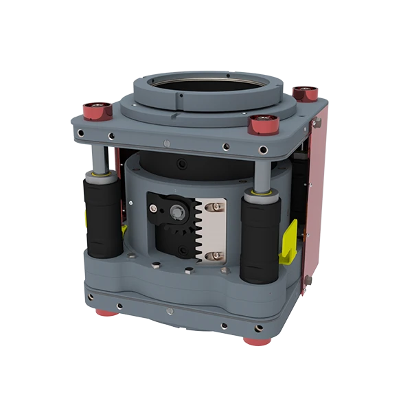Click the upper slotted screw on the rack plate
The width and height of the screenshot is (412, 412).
click(215, 207)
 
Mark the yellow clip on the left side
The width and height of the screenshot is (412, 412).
click(84, 219)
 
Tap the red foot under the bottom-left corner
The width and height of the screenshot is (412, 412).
click(105, 313)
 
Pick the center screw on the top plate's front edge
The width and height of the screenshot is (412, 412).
click(167, 143)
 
